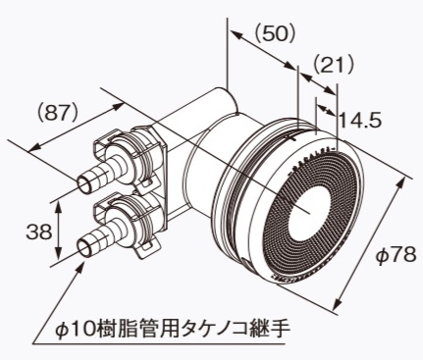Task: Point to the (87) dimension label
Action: [58, 112]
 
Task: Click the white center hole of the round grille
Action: [313, 208]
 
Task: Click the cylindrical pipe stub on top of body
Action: [218, 102]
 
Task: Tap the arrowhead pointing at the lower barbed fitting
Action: [82, 259]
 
